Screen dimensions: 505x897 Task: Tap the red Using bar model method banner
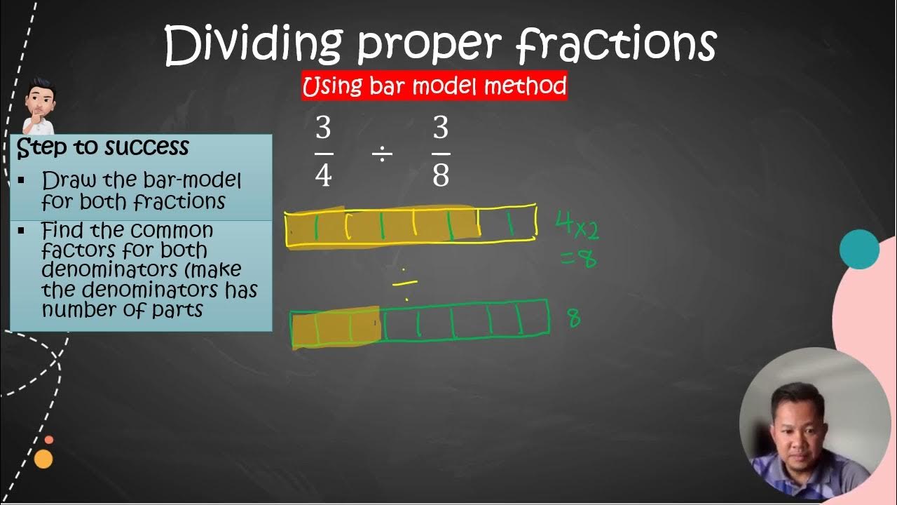tap(434, 86)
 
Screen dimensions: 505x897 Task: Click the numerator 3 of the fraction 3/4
tap(323, 129)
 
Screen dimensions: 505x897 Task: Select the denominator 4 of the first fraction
tap(323, 175)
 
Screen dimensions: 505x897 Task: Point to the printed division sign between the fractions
tap(382, 154)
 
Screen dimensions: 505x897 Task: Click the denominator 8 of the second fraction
tap(441, 175)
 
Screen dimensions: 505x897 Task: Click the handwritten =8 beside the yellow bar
tap(579, 259)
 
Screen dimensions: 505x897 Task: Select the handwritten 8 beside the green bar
tap(574, 319)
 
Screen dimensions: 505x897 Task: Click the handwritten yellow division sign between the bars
tap(404, 283)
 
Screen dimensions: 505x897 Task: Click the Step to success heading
tap(103, 147)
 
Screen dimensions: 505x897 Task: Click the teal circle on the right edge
tap(859, 249)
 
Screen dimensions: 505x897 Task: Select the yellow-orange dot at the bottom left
tap(43, 459)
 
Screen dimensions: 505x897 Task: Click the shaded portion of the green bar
tap(335, 328)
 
